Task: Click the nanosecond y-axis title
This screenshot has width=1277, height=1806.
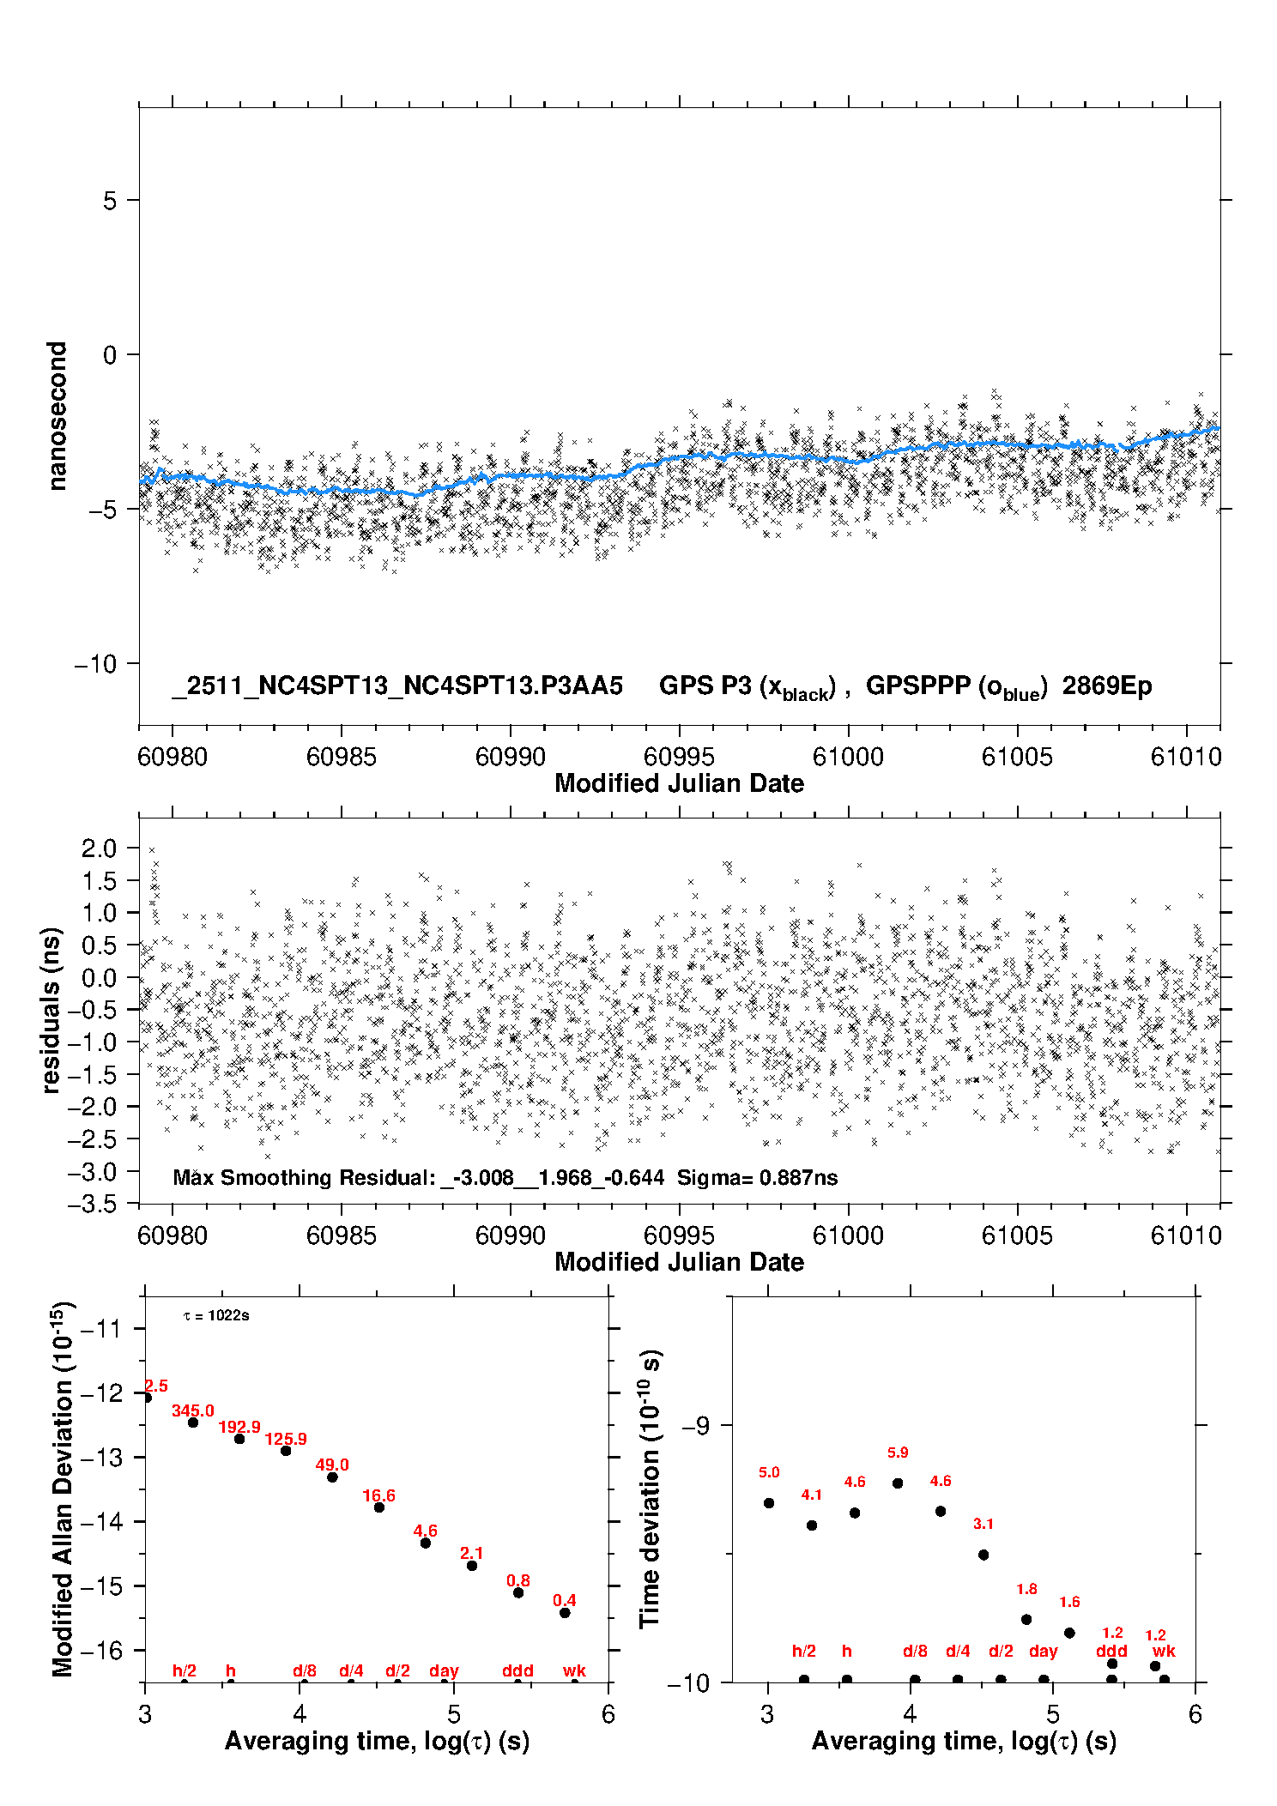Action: [x=57, y=416]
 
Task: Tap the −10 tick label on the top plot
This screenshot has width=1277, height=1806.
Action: [x=100, y=664]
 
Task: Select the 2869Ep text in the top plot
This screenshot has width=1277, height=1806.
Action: [x=1106, y=686]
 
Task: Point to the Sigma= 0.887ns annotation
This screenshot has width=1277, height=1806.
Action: [x=757, y=1178]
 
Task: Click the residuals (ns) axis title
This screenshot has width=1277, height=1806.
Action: [x=51, y=1010]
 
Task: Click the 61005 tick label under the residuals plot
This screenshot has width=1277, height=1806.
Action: [x=1016, y=1236]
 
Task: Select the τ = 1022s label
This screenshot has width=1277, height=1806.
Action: [x=216, y=1316]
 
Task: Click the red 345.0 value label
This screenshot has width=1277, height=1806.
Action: [x=193, y=1411]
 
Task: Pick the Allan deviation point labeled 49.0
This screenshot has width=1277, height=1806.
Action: [x=332, y=1477]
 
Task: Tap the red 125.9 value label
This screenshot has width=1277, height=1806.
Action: [x=286, y=1439]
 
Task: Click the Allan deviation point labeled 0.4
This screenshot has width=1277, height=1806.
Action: [x=565, y=1613]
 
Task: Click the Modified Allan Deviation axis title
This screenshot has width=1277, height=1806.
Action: [x=62, y=1489]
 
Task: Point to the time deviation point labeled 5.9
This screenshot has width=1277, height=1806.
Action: [x=898, y=1483]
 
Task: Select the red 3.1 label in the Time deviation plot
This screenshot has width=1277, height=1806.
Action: [x=983, y=1525]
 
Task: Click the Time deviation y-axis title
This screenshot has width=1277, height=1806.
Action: [x=651, y=1489]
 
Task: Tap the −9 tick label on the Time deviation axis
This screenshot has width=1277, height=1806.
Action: [x=695, y=1426]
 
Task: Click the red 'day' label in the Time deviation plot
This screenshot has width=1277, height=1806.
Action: [x=1044, y=1652]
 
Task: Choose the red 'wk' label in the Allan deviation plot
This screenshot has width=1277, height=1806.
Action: [x=574, y=1671]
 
